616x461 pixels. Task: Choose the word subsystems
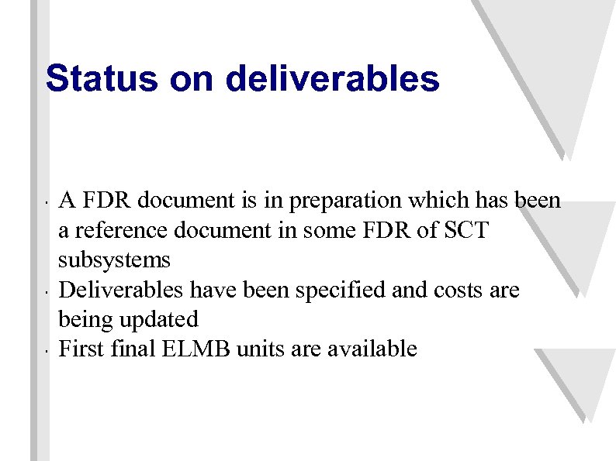pyautogui.click(x=114, y=260)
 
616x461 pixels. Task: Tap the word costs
pyautogui.click(x=462, y=290)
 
